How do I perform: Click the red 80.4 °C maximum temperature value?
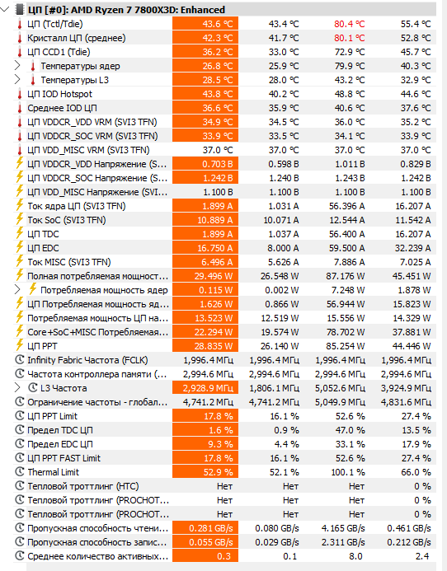coord(349,24)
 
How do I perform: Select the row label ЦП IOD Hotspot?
coord(60,94)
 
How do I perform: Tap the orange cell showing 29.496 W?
coord(205,276)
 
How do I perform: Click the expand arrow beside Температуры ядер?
coord(17,66)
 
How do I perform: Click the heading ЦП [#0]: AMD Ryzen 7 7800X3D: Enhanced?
coord(126,10)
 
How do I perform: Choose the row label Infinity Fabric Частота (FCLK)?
coord(87,360)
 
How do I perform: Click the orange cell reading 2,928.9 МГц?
coord(205,388)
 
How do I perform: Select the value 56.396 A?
coord(346,206)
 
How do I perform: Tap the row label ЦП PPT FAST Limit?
coord(64,458)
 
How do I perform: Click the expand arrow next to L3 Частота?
coord(17,388)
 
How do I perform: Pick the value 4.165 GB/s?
coord(343,528)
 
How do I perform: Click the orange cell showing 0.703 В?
coord(205,164)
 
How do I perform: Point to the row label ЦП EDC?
coord(43,248)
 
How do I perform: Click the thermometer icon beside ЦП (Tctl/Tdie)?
coord(20,25)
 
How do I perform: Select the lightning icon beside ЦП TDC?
coord(20,233)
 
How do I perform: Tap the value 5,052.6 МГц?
coord(340,388)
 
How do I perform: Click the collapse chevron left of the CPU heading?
coord(5,9)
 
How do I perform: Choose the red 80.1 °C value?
coord(349,38)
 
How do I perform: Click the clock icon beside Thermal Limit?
coord(20,472)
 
